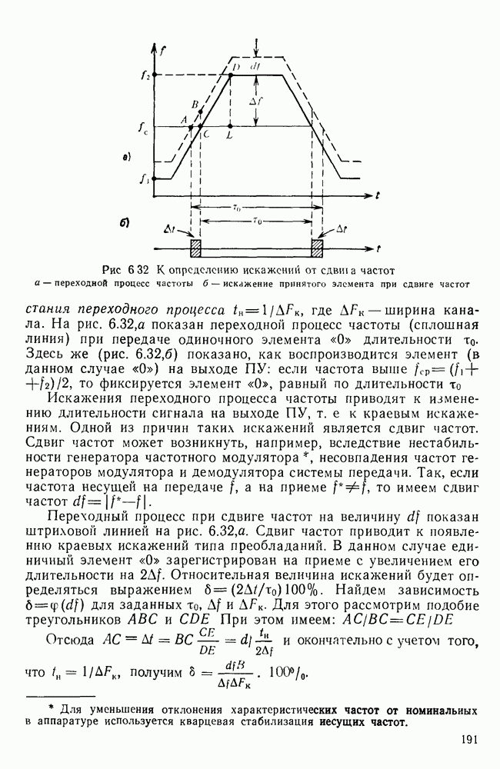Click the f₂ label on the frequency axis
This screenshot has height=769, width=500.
click(x=145, y=75)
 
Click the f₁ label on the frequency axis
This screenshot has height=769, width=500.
click(x=145, y=180)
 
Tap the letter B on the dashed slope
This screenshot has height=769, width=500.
click(x=195, y=105)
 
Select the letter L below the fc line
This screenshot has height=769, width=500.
click(x=231, y=135)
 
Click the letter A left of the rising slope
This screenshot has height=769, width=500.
click(x=183, y=119)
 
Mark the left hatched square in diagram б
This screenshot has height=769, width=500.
click(x=195, y=249)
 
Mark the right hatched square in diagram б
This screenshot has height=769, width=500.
click(x=317, y=249)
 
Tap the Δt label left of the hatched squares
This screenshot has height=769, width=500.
click(x=169, y=229)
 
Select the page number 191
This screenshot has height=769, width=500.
click(x=472, y=740)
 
